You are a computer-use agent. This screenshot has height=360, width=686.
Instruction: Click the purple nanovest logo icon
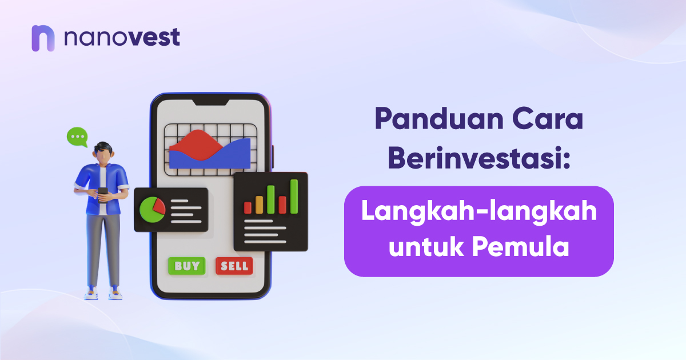(x=43, y=38)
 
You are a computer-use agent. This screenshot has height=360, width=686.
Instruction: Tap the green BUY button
(x=187, y=266)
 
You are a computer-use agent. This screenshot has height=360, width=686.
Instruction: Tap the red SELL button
(x=234, y=266)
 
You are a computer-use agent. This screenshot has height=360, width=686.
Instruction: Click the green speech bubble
(x=78, y=137)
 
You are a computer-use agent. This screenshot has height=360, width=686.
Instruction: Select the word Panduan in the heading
(x=439, y=118)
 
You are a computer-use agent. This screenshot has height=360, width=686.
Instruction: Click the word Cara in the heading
(x=548, y=118)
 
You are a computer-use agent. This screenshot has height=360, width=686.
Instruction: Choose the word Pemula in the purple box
(x=520, y=247)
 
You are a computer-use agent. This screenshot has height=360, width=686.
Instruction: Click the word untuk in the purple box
(x=426, y=247)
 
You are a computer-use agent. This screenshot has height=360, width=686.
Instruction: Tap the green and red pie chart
(x=152, y=210)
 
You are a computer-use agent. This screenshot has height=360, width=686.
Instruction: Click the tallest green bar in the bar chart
(x=294, y=197)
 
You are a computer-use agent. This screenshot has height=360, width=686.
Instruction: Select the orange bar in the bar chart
(x=259, y=205)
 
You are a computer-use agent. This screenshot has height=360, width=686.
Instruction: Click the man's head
(x=103, y=153)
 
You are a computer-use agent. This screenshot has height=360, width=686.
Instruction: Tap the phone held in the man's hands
(x=102, y=195)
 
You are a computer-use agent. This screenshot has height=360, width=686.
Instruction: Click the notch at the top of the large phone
(x=211, y=102)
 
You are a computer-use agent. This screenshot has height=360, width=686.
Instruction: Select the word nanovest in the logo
(x=122, y=38)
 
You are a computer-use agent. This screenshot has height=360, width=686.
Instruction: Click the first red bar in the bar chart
(x=248, y=207)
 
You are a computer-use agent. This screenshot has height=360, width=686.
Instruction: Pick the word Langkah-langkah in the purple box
(x=479, y=212)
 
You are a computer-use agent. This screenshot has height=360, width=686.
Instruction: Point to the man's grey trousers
(x=103, y=250)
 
